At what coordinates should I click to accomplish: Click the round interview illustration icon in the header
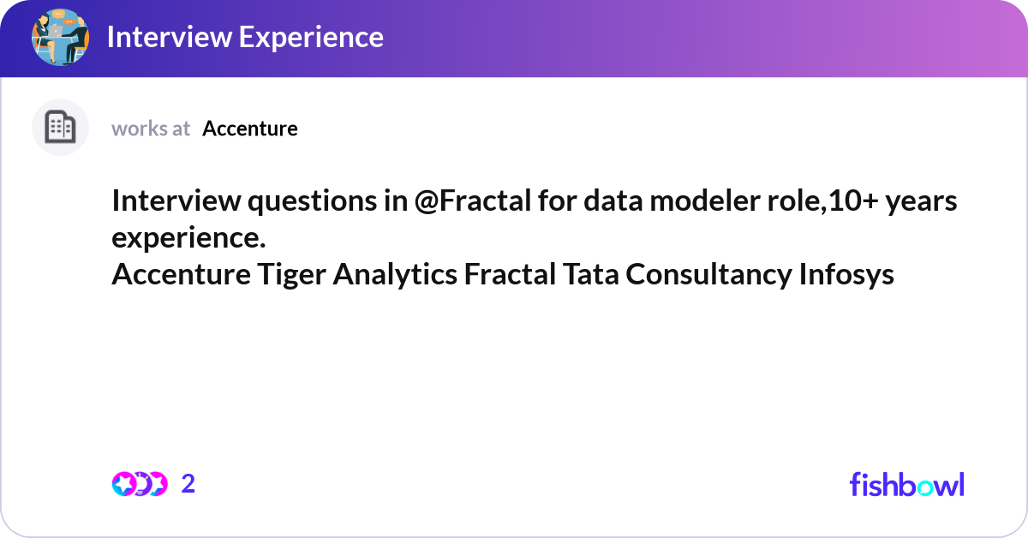[60, 37]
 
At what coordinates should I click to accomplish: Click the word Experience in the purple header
[311, 38]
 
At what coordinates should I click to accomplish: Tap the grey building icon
[60, 127]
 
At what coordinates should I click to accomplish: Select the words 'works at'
[151, 129]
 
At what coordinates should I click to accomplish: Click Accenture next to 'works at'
[250, 129]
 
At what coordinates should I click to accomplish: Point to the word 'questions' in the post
[312, 202]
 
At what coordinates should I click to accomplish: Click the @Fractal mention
[473, 201]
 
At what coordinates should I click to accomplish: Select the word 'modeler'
[705, 201]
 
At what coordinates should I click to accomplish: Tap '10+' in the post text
[853, 201]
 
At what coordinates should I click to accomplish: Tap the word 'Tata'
[590, 274]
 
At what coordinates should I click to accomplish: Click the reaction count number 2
[188, 484]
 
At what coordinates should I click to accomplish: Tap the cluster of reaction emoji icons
[140, 484]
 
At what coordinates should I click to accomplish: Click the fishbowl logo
[907, 484]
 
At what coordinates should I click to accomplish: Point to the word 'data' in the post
[613, 201]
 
